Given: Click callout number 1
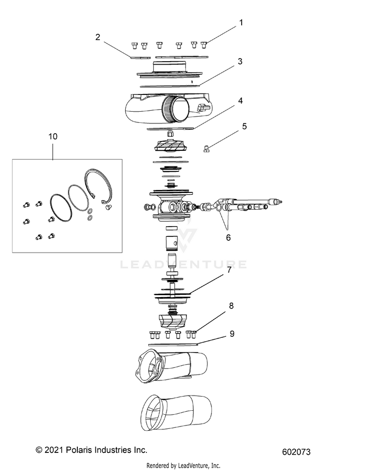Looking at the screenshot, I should coord(240,23).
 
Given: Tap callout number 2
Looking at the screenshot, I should coord(98,37).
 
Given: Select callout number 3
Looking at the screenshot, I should coord(240,62).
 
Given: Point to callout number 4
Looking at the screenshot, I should coord(240,101).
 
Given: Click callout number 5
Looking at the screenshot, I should coord(244,126).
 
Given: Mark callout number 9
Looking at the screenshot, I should coord(231,334).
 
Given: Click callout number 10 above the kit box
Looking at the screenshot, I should coord(52,137).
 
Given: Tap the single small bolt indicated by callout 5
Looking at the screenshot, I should coord(206,149).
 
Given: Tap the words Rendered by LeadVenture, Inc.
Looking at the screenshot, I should coord(183,465).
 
